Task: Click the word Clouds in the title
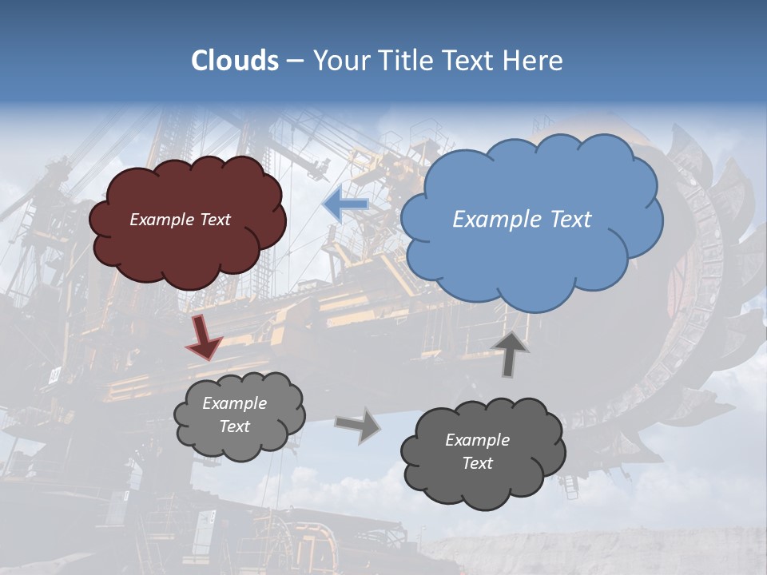[x=235, y=61]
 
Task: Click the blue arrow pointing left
[x=346, y=205]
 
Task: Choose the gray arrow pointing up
[x=511, y=353]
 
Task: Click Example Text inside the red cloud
[x=181, y=220]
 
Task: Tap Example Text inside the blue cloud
[x=522, y=220]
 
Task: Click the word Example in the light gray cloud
[x=234, y=403]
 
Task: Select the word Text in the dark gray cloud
[x=477, y=463]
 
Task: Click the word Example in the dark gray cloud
[x=477, y=440]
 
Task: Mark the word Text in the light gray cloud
[x=234, y=426]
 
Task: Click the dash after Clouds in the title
[x=295, y=61]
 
